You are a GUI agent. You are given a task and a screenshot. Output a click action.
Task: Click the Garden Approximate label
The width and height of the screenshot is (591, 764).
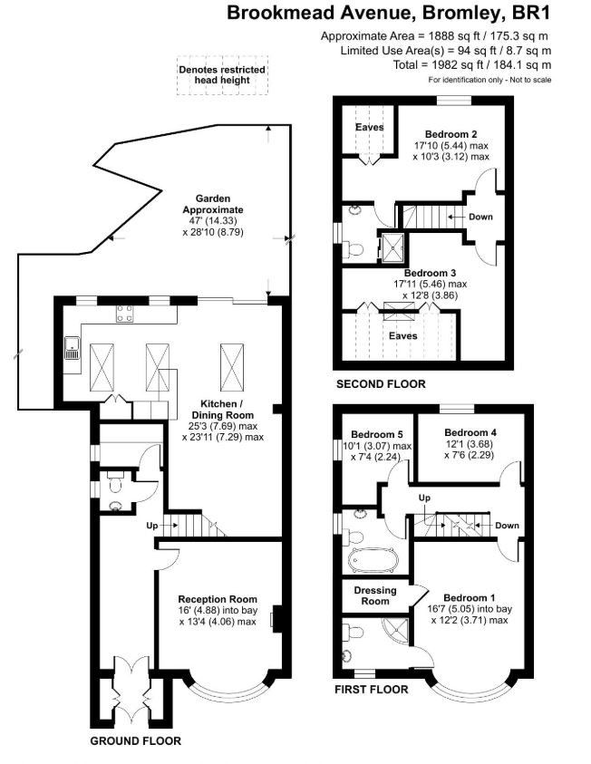[213, 204]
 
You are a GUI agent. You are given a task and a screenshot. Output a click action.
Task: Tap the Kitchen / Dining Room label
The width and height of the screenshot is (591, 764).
[223, 410]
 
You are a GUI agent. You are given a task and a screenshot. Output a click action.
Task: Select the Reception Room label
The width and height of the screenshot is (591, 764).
[218, 599]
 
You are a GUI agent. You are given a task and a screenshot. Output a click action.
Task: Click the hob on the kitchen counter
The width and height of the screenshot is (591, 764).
[124, 314]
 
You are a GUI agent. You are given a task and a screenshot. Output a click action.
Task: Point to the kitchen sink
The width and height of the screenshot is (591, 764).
[72, 348]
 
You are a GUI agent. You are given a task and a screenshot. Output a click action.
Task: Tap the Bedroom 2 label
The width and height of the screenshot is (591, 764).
[451, 134]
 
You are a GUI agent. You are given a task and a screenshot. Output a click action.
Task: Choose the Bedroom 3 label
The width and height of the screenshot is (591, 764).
[430, 273]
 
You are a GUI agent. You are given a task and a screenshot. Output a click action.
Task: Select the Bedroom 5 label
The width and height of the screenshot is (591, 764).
[376, 434]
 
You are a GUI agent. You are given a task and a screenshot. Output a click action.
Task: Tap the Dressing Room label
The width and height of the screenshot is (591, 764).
[375, 595]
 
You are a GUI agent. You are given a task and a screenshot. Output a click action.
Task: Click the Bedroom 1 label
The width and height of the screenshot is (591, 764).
[470, 598]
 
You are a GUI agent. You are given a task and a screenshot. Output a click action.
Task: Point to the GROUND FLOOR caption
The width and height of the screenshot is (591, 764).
[135, 741]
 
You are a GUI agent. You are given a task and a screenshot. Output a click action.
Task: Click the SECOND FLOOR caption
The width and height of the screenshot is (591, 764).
[381, 384]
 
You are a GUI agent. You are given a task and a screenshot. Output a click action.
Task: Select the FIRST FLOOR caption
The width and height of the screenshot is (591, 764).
[372, 690]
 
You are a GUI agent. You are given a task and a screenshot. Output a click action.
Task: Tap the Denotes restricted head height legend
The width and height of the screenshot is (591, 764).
[222, 75]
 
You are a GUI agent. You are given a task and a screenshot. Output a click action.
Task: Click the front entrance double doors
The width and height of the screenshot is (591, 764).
[131, 693]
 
